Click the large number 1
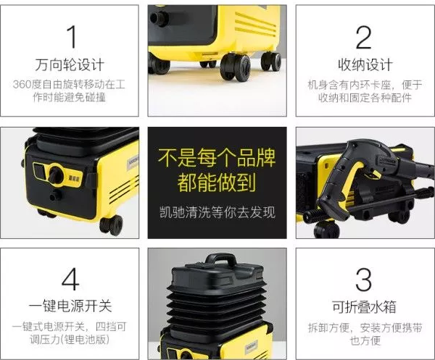point(70,37)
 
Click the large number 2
point(364,37)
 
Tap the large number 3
point(364,280)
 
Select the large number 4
point(70,280)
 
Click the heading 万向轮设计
point(70,64)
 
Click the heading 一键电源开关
point(70,306)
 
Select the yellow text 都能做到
point(217,183)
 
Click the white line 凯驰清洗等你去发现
point(217,213)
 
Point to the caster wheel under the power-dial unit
point(110,224)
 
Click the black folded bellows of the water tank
point(217,304)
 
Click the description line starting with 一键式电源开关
point(70,327)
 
